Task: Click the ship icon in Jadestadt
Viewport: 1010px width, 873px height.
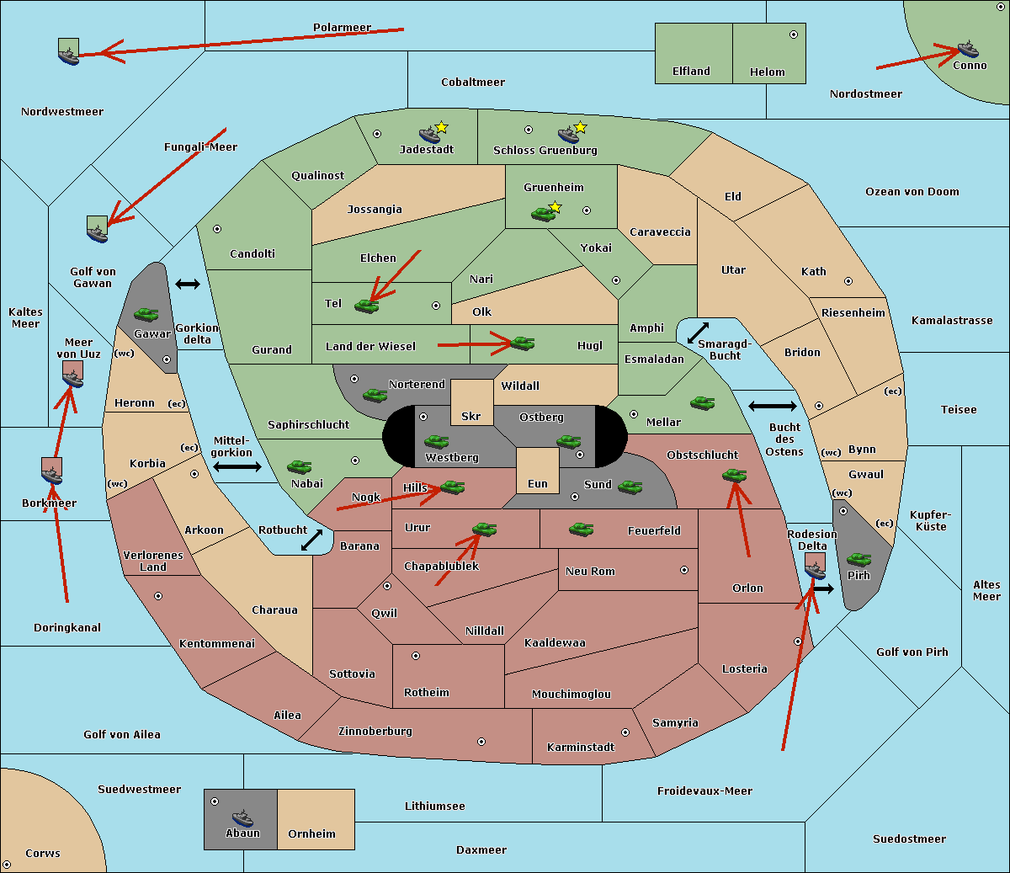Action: click(429, 135)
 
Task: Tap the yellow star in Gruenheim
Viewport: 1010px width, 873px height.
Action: click(555, 207)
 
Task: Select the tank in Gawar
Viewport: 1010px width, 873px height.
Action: click(146, 314)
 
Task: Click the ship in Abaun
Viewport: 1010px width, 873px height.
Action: click(242, 817)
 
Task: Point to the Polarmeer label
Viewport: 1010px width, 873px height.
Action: click(342, 28)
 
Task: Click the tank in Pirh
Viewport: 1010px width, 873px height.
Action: click(858, 559)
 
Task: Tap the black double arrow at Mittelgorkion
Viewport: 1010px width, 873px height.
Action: click(237, 466)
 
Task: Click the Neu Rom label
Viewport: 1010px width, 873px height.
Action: click(590, 571)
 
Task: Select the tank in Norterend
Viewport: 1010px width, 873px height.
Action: click(375, 394)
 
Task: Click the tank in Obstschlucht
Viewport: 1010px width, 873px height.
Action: click(734, 476)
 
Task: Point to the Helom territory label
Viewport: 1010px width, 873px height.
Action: click(767, 72)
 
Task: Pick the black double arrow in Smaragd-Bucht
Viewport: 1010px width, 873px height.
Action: click(699, 333)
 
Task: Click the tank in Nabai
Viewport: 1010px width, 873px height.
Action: click(299, 466)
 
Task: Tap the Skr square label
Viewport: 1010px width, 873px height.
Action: click(471, 416)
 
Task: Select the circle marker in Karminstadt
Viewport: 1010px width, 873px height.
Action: click(625, 732)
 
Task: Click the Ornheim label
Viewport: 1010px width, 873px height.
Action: click(311, 833)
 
